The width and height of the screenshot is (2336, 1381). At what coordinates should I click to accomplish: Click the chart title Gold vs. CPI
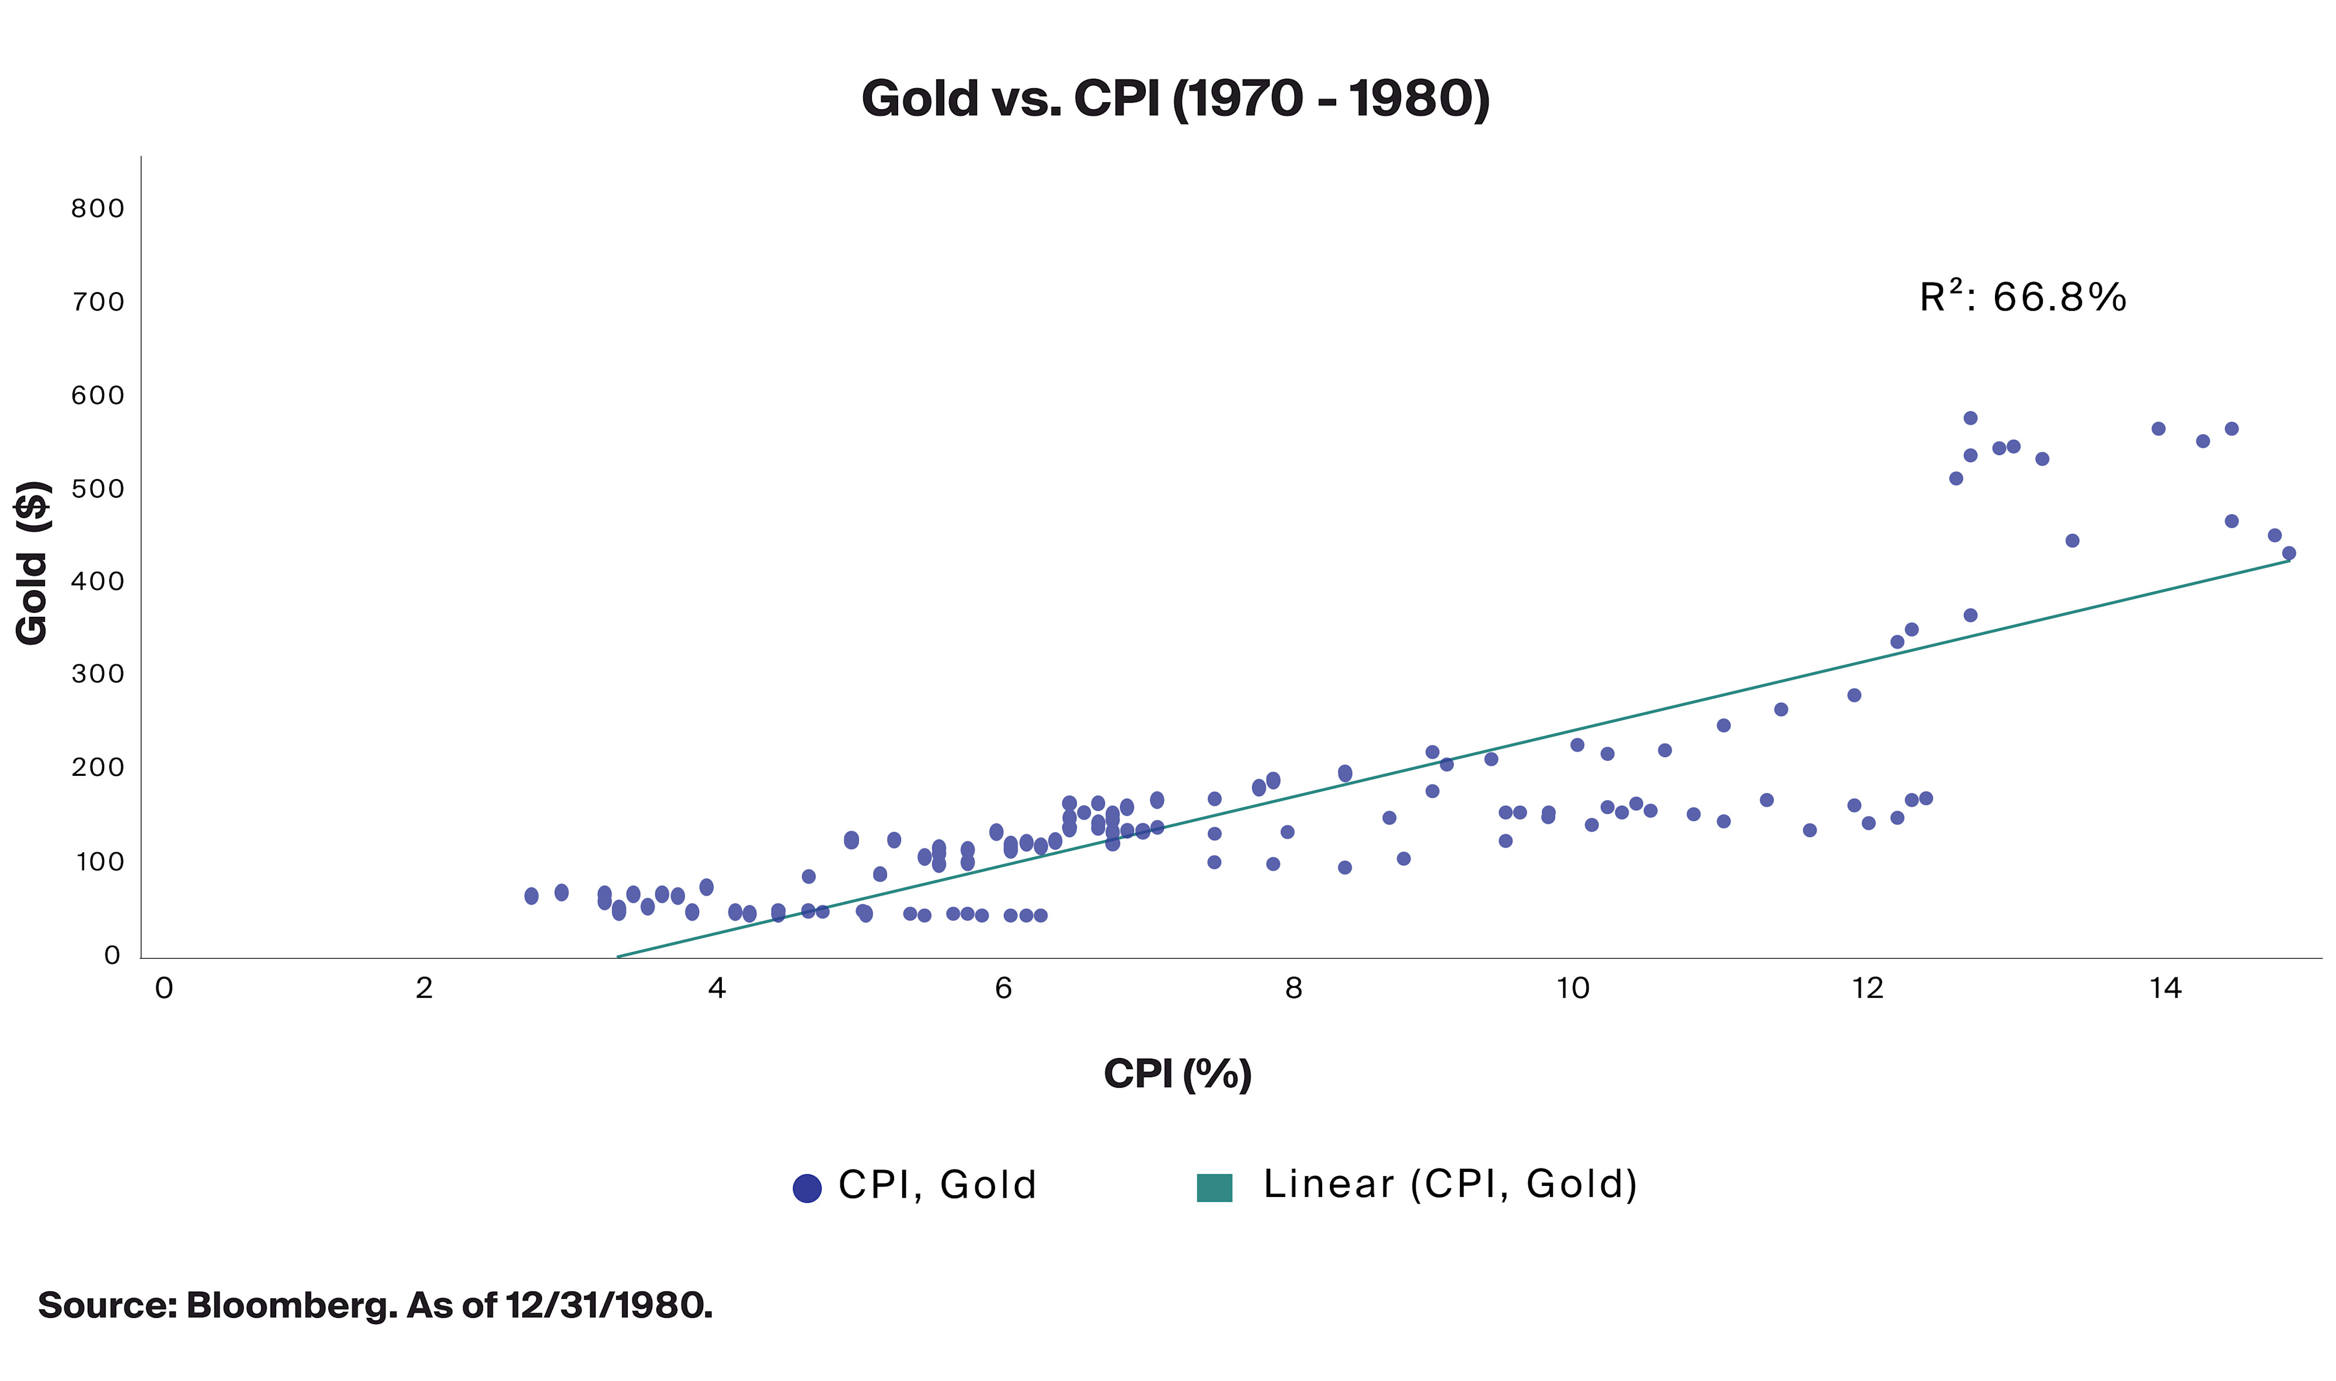[x=1175, y=99]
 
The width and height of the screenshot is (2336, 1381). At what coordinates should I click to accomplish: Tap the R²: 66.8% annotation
[x=2022, y=298]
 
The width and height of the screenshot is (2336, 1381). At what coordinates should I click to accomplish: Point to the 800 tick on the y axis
[x=98, y=209]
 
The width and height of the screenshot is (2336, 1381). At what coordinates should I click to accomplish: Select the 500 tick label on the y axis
[x=98, y=488]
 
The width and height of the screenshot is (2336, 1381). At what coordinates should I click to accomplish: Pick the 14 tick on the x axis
[x=2165, y=988]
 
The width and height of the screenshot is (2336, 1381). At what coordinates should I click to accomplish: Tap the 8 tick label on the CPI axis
[x=1293, y=988]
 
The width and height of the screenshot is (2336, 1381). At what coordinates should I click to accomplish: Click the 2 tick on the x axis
[x=424, y=988]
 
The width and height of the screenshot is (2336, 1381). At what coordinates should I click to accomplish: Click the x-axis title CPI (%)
[x=1177, y=1074]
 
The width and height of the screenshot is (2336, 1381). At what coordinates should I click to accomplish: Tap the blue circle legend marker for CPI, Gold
[x=807, y=1188]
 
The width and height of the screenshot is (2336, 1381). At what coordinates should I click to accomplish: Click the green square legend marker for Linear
[x=1214, y=1188]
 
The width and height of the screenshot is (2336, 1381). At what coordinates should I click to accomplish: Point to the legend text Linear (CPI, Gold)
[x=1449, y=1185]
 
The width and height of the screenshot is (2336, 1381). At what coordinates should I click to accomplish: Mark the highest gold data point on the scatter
[x=1969, y=418]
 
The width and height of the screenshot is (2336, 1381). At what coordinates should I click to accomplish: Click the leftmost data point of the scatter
[x=531, y=896]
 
